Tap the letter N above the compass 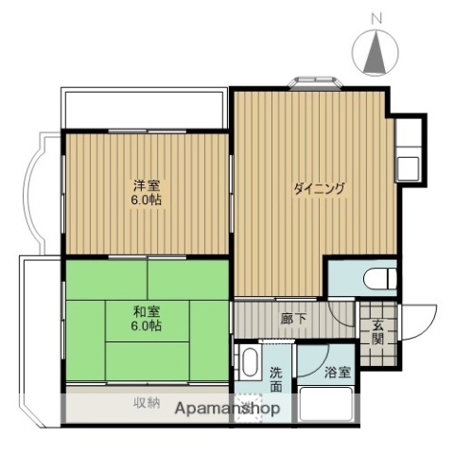[x=375, y=17]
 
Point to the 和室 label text [x=145, y=311]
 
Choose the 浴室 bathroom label [x=338, y=372]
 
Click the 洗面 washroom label [x=275, y=378]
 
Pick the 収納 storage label [x=147, y=404]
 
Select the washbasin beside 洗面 [x=250, y=363]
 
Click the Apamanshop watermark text [x=222, y=411]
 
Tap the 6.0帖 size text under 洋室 [x=145, y=201]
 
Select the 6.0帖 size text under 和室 [x=145, y=325]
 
